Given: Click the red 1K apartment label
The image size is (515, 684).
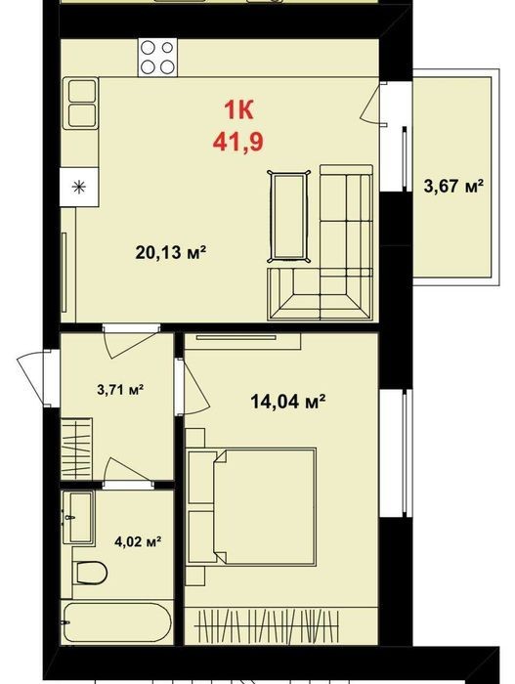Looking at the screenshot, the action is tap(238, 110).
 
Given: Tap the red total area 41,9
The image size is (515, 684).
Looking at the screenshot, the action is tap(238, 142).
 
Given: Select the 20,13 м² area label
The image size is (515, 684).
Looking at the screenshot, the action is tap(171, 252).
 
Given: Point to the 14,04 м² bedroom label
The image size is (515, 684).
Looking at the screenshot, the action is tap(288, 401).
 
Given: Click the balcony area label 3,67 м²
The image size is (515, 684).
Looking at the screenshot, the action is tap(453, 187).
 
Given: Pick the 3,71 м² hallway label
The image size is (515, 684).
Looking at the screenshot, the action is tap(120, 389).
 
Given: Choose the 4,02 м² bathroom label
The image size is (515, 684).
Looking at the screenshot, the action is tap(138, 541).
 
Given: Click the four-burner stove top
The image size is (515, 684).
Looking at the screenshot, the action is tap(157, 57).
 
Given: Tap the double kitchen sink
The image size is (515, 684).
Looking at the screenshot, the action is tap(81, 104).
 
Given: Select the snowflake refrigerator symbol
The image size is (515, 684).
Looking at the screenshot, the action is tap(79, 188).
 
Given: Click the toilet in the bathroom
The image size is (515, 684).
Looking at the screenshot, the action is tap(90, 573).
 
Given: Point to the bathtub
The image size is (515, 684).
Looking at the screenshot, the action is tap(117, 622).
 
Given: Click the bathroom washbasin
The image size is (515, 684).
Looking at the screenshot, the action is tap(78, 517).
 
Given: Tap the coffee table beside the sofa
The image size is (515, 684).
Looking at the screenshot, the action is tap(288, 216).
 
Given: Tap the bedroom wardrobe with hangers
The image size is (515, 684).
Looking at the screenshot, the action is tap(268, 624).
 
